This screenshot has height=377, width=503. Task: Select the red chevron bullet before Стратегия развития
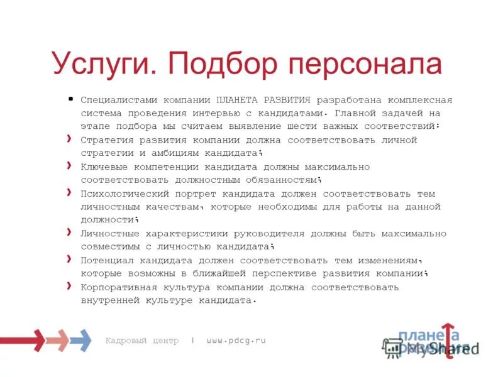(x=69, y=138)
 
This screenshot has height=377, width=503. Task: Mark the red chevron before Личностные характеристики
(x=69, y=232)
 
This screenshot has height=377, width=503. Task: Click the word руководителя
(x=272, y=234)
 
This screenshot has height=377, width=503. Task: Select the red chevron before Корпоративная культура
(x=69, y=285)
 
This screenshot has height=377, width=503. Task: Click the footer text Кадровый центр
(x=141, y=341)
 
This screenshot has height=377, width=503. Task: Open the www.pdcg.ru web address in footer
(x=236, y=341)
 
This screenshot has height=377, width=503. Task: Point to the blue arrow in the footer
(x=80, y=340)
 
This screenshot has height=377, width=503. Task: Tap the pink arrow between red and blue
(x=57, y=340)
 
